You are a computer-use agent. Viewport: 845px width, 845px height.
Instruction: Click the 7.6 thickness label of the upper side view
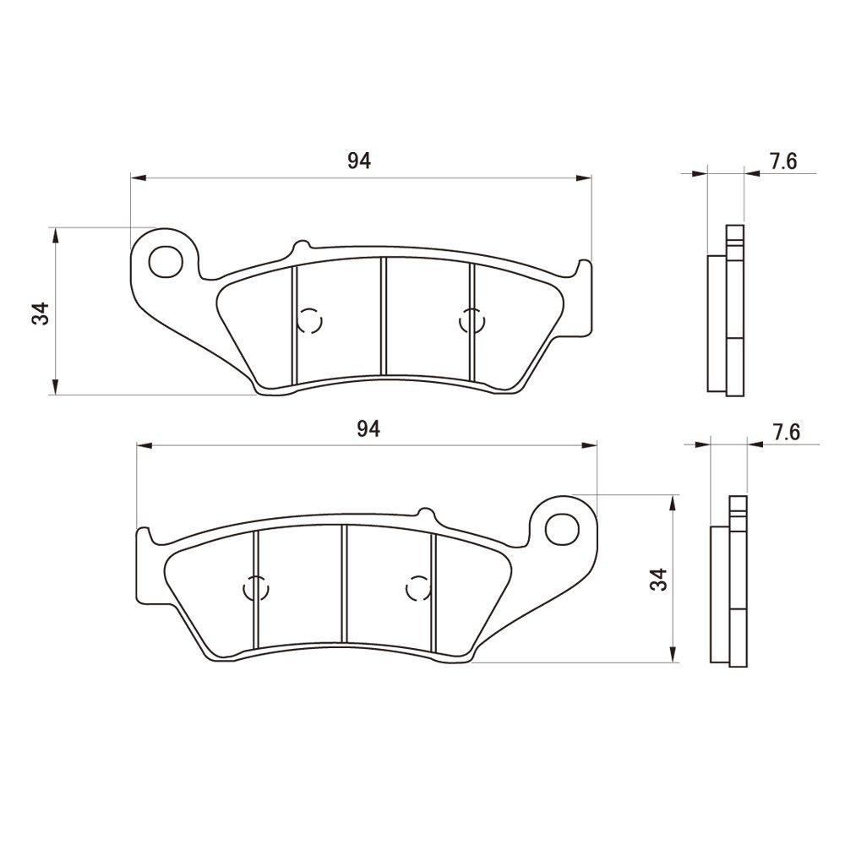783,161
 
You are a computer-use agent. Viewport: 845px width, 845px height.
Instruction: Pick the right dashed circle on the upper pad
471,321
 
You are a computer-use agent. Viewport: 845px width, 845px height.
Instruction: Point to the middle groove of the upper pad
383,317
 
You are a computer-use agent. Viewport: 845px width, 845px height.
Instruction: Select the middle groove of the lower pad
344,583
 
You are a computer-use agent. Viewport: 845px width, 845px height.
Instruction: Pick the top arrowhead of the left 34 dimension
55,234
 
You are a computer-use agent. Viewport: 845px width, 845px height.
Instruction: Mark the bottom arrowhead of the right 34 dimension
672,655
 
